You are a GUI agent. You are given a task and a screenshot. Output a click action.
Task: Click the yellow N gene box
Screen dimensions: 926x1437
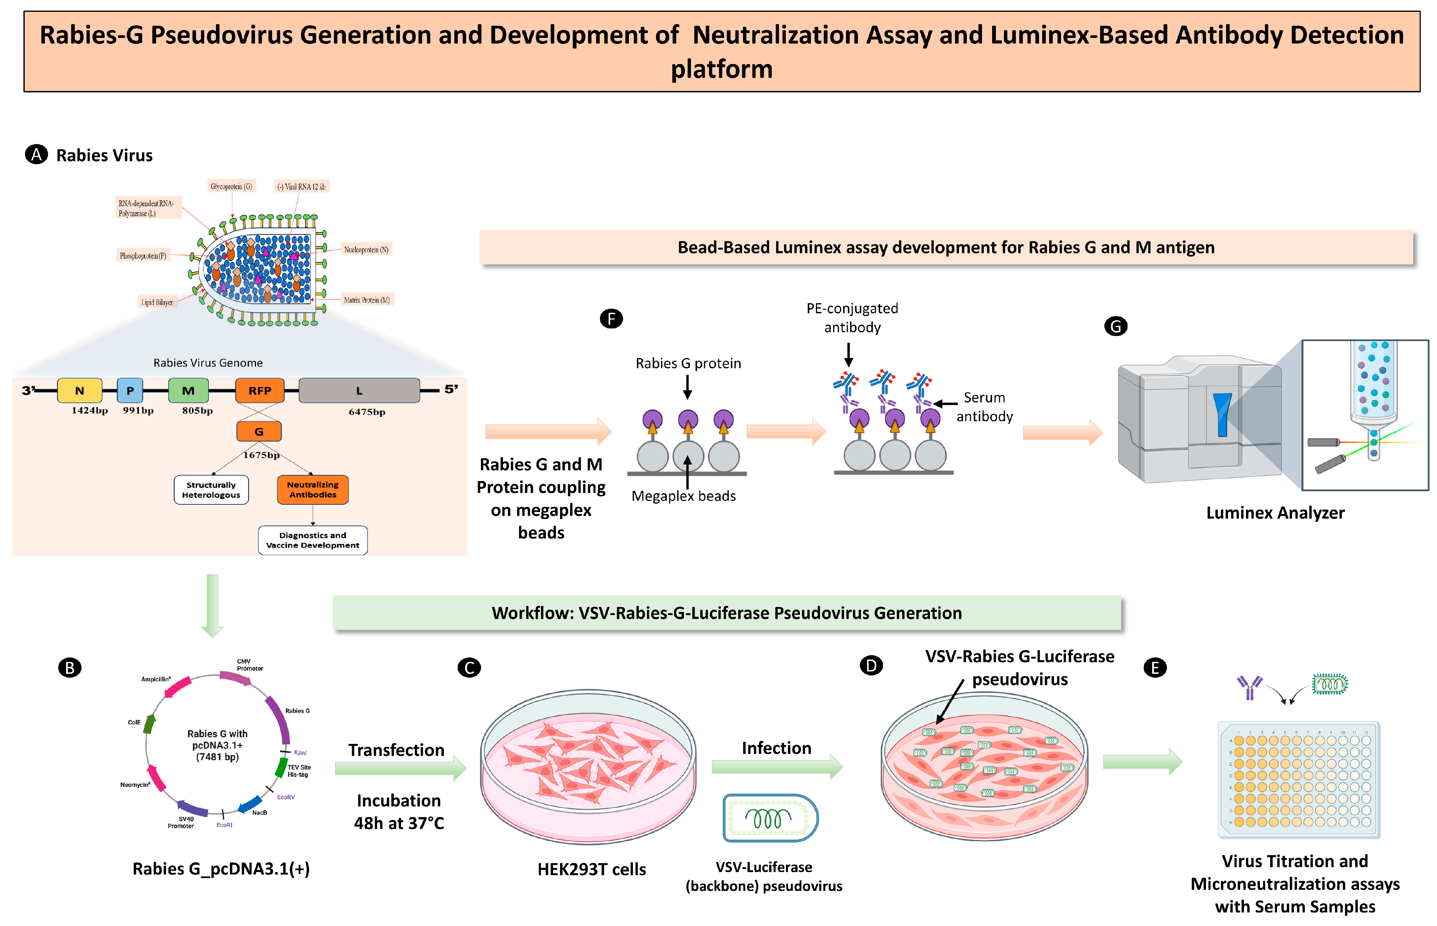79,390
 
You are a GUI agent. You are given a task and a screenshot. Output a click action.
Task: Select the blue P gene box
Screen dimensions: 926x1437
130,390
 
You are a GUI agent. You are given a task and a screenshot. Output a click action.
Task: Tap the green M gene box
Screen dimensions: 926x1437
188,390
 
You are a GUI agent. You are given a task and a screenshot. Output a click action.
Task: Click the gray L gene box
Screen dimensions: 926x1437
359,390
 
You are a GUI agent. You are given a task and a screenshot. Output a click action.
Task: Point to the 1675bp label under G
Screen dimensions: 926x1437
261,455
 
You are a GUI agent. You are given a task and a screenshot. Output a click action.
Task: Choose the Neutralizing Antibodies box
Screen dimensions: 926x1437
313,489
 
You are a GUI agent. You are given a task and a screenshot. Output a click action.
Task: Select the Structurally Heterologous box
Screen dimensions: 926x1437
211,489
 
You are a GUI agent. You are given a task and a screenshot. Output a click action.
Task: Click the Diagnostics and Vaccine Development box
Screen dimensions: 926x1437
313,540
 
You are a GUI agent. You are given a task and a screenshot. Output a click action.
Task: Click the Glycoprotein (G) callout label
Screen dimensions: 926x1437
231,186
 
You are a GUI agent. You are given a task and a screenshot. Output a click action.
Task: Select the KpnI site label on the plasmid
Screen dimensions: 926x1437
300,752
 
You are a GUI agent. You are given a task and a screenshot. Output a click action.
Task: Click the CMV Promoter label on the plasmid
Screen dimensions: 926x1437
249,664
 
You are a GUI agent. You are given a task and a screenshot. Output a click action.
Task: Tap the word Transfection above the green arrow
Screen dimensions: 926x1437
396,750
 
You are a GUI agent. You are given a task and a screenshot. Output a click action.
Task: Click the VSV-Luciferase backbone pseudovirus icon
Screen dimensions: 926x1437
770,818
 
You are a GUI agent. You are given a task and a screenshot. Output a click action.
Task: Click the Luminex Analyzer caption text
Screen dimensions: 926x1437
1275,513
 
